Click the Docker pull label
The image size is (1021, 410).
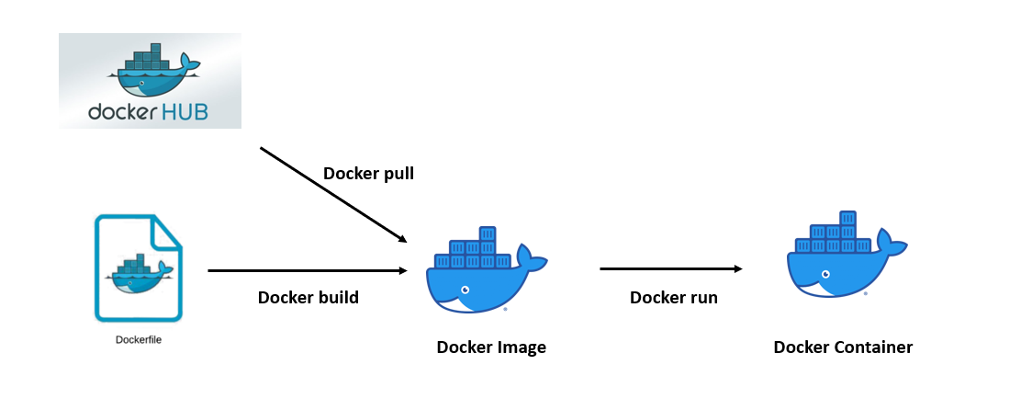[368, 174]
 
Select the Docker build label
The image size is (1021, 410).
[309, 297]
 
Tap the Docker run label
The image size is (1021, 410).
[674, 297]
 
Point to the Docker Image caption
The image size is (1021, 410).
[491, 347]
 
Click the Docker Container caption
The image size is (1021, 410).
[843, 347]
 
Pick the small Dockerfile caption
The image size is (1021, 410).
[139, 340]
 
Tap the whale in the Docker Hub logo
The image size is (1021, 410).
[151, 74]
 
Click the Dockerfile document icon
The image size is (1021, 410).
[139, 268]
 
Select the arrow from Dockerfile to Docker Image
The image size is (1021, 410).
[308, 271]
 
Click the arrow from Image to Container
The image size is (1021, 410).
[670, 269]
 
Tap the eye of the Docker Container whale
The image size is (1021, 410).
[825, 275]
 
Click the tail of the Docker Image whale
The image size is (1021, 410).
[530, 258]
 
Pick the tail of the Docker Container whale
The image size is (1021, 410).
[889, 243]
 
